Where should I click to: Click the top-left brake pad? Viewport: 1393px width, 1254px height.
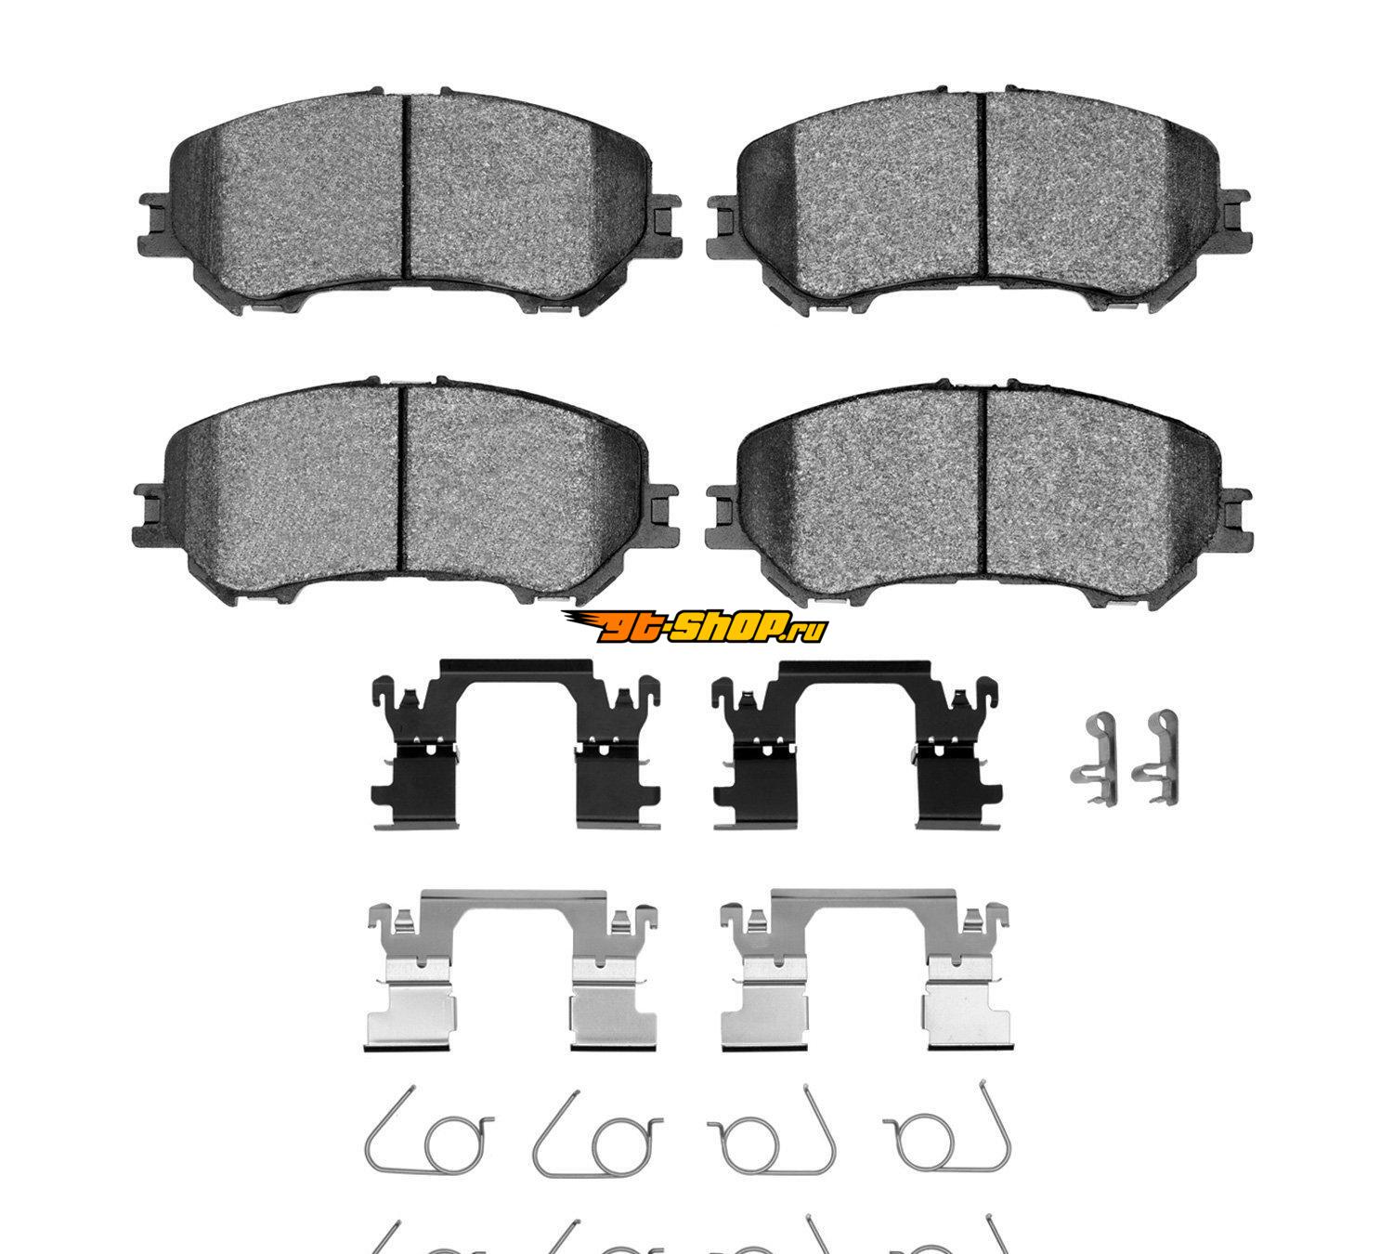(409, 202)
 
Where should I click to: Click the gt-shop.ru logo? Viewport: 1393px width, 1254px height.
(695, 627)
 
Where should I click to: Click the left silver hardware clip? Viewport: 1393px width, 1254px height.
(512, 972)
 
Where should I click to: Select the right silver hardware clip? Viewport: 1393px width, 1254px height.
(865, 972)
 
